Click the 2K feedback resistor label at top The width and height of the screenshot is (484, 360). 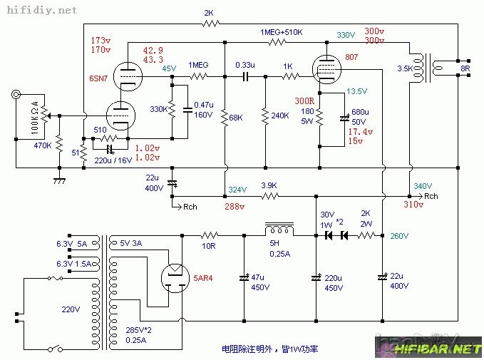209,13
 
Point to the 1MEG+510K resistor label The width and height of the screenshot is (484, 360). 282,33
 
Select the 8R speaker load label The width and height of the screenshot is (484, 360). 465,69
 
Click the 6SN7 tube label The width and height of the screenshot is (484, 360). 98,77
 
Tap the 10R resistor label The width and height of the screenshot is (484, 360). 209,245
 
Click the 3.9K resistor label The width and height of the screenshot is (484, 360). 269,185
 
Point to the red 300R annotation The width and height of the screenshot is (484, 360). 304,101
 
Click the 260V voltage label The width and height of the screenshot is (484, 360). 400,236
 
